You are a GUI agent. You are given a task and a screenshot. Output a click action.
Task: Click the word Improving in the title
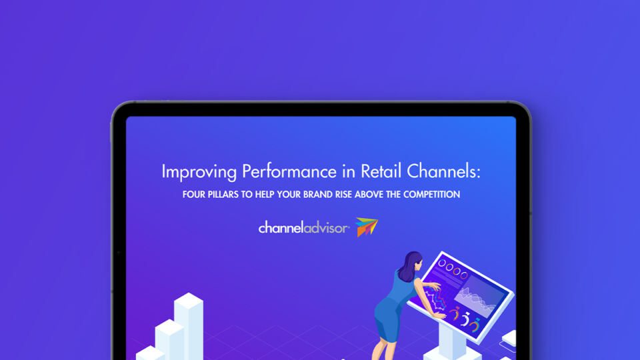[198, 171]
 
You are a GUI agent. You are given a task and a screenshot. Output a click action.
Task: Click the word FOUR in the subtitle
[194, 195]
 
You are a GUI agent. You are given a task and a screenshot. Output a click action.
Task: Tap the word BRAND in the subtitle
[331, 195]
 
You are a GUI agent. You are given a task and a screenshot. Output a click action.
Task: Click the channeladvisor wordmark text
[303, 228]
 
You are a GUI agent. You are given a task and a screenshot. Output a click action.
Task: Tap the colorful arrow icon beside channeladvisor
[367, 227]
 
